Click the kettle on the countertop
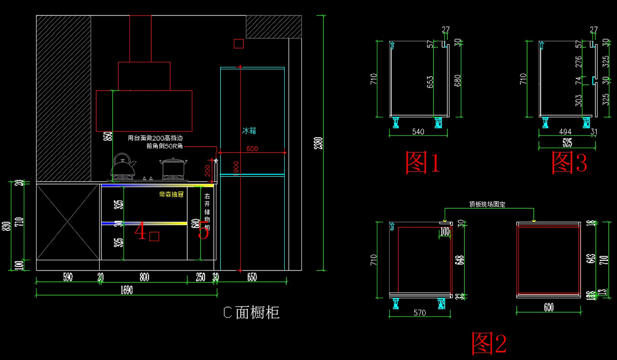(124, 166)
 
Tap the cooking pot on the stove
(173, 168)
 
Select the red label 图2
(489, 344)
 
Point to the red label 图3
(569, 162)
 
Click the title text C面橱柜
(251, 312)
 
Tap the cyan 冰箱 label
(249, 131)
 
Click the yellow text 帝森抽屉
(171, 195)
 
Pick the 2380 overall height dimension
(319, 142)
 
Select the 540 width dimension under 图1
(419, 132)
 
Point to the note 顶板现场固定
(487, 204)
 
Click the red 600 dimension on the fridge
(252, 149)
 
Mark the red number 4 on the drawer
(140, 232)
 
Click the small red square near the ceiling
(238, 44)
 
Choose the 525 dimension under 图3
(568, 143)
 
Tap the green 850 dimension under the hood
(107, 136)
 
